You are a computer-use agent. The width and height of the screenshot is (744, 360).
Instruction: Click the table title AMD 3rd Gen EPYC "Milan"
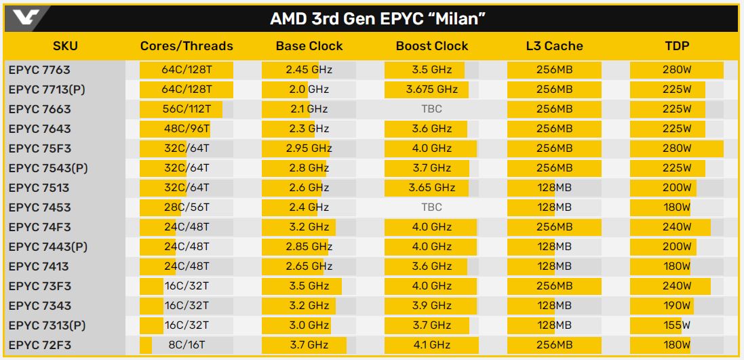coord(378,18)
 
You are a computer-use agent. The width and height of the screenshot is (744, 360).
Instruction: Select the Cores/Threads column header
coord(187,46)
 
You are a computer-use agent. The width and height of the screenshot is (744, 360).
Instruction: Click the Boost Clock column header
coord(432,46)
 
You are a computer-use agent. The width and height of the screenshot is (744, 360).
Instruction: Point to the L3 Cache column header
coord(554,46)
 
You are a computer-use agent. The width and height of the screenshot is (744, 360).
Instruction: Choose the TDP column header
coord(677,46)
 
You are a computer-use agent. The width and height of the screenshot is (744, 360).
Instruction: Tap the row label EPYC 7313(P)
coord(48,325)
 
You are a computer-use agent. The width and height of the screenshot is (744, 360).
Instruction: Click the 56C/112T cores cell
coord(187,109)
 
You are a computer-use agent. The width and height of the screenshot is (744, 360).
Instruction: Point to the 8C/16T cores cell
coord(187,345)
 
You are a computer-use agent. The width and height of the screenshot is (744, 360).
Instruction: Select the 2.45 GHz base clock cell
coord(309,70)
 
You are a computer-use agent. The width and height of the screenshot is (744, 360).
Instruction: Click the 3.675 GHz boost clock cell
coord(432,89)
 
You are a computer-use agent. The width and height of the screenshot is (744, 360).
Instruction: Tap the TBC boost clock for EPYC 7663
coord(432,109)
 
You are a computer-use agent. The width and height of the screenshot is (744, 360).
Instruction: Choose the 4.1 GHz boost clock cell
coord(432,345)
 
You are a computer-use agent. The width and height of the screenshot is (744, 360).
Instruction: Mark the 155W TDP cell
coord(677,325)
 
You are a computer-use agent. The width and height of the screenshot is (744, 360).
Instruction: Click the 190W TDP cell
coord(677,306)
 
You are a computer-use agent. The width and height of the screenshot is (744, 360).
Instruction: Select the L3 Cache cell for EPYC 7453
coord(554,207)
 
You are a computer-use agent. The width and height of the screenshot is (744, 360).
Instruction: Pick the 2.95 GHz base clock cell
coord(309,148)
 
